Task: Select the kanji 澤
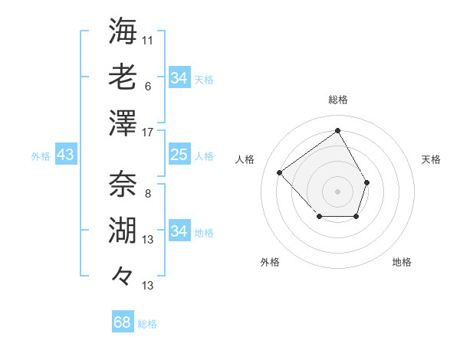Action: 123,123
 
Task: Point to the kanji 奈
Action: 123,184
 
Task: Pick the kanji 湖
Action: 123,230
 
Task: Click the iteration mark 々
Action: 123,275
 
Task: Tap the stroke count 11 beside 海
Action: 148,39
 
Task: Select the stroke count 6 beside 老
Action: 147,86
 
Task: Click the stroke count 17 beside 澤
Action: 148,133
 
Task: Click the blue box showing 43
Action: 65,155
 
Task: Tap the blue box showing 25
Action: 179,155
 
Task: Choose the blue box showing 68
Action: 122,322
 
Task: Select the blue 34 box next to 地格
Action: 179,231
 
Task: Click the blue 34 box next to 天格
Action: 179,78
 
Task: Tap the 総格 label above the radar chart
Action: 337,100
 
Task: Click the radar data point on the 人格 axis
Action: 280,173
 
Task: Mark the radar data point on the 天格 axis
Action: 367,182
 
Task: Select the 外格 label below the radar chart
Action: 269,262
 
